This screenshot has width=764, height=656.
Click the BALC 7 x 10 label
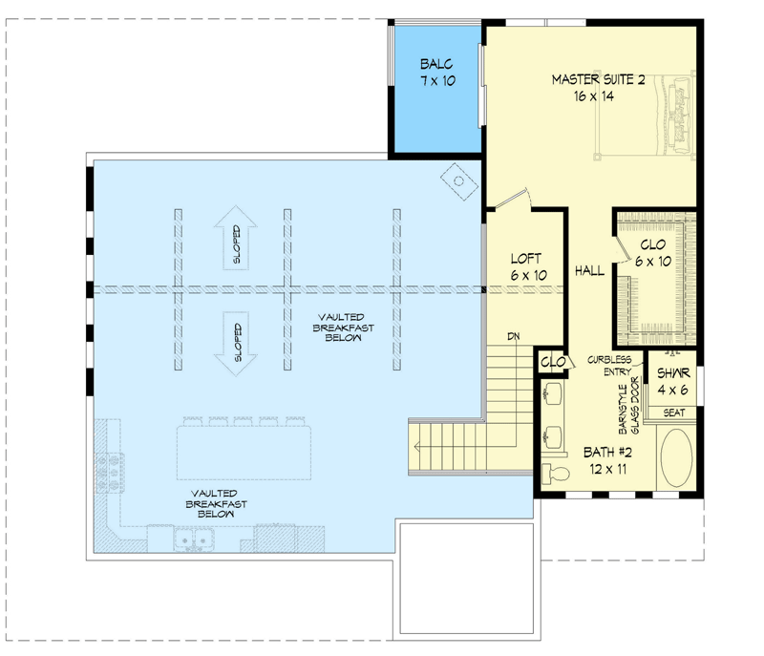[x=436, y=73]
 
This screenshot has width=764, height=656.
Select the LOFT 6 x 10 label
[x=527, y=266]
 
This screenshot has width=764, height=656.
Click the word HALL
[x=589, y=271]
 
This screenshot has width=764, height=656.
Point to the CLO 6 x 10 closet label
[x=653, y=253]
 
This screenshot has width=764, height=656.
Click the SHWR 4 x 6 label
[x=673, y=381]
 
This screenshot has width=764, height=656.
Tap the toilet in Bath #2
[x=555, y=473]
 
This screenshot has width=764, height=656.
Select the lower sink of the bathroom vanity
[x=553, y=437]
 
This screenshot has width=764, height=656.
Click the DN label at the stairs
[x=513, y=336]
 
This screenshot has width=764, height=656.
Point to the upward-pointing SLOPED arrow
[x=235, y=239]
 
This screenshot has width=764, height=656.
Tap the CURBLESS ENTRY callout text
[x=609, y=366]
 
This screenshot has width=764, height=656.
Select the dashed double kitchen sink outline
[x=192, y=541]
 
